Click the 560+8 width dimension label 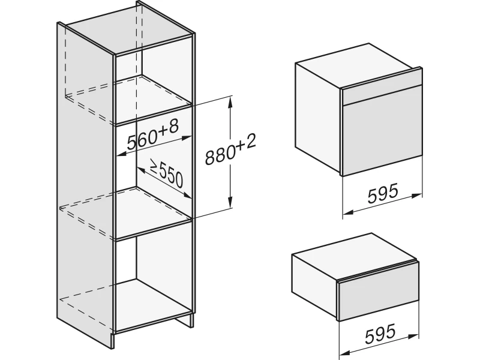152,134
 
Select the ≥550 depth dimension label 167,173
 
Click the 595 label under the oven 383,193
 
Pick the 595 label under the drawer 380,333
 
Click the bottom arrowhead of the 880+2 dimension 230,203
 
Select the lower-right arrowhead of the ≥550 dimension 187,195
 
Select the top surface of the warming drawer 355,252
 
